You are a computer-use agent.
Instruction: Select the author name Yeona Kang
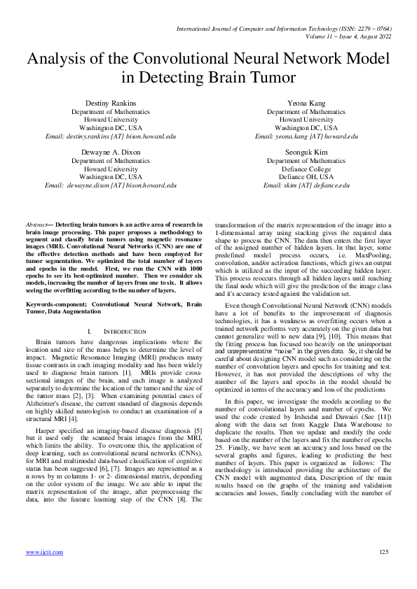pyautogui.click(x=306, y=103)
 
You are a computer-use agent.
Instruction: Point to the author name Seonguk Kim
pyautogui.click(x=306, y=152)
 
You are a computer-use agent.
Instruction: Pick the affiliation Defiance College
pyautogui.click(x=306, y=169)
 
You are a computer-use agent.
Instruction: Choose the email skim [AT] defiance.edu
pyautogui.click(x=306, y=185)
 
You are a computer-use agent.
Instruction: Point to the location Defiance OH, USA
pyautogui.click(x=306, y=177)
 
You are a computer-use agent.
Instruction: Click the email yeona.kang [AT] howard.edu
pyautogui.click(x=306, y=136)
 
